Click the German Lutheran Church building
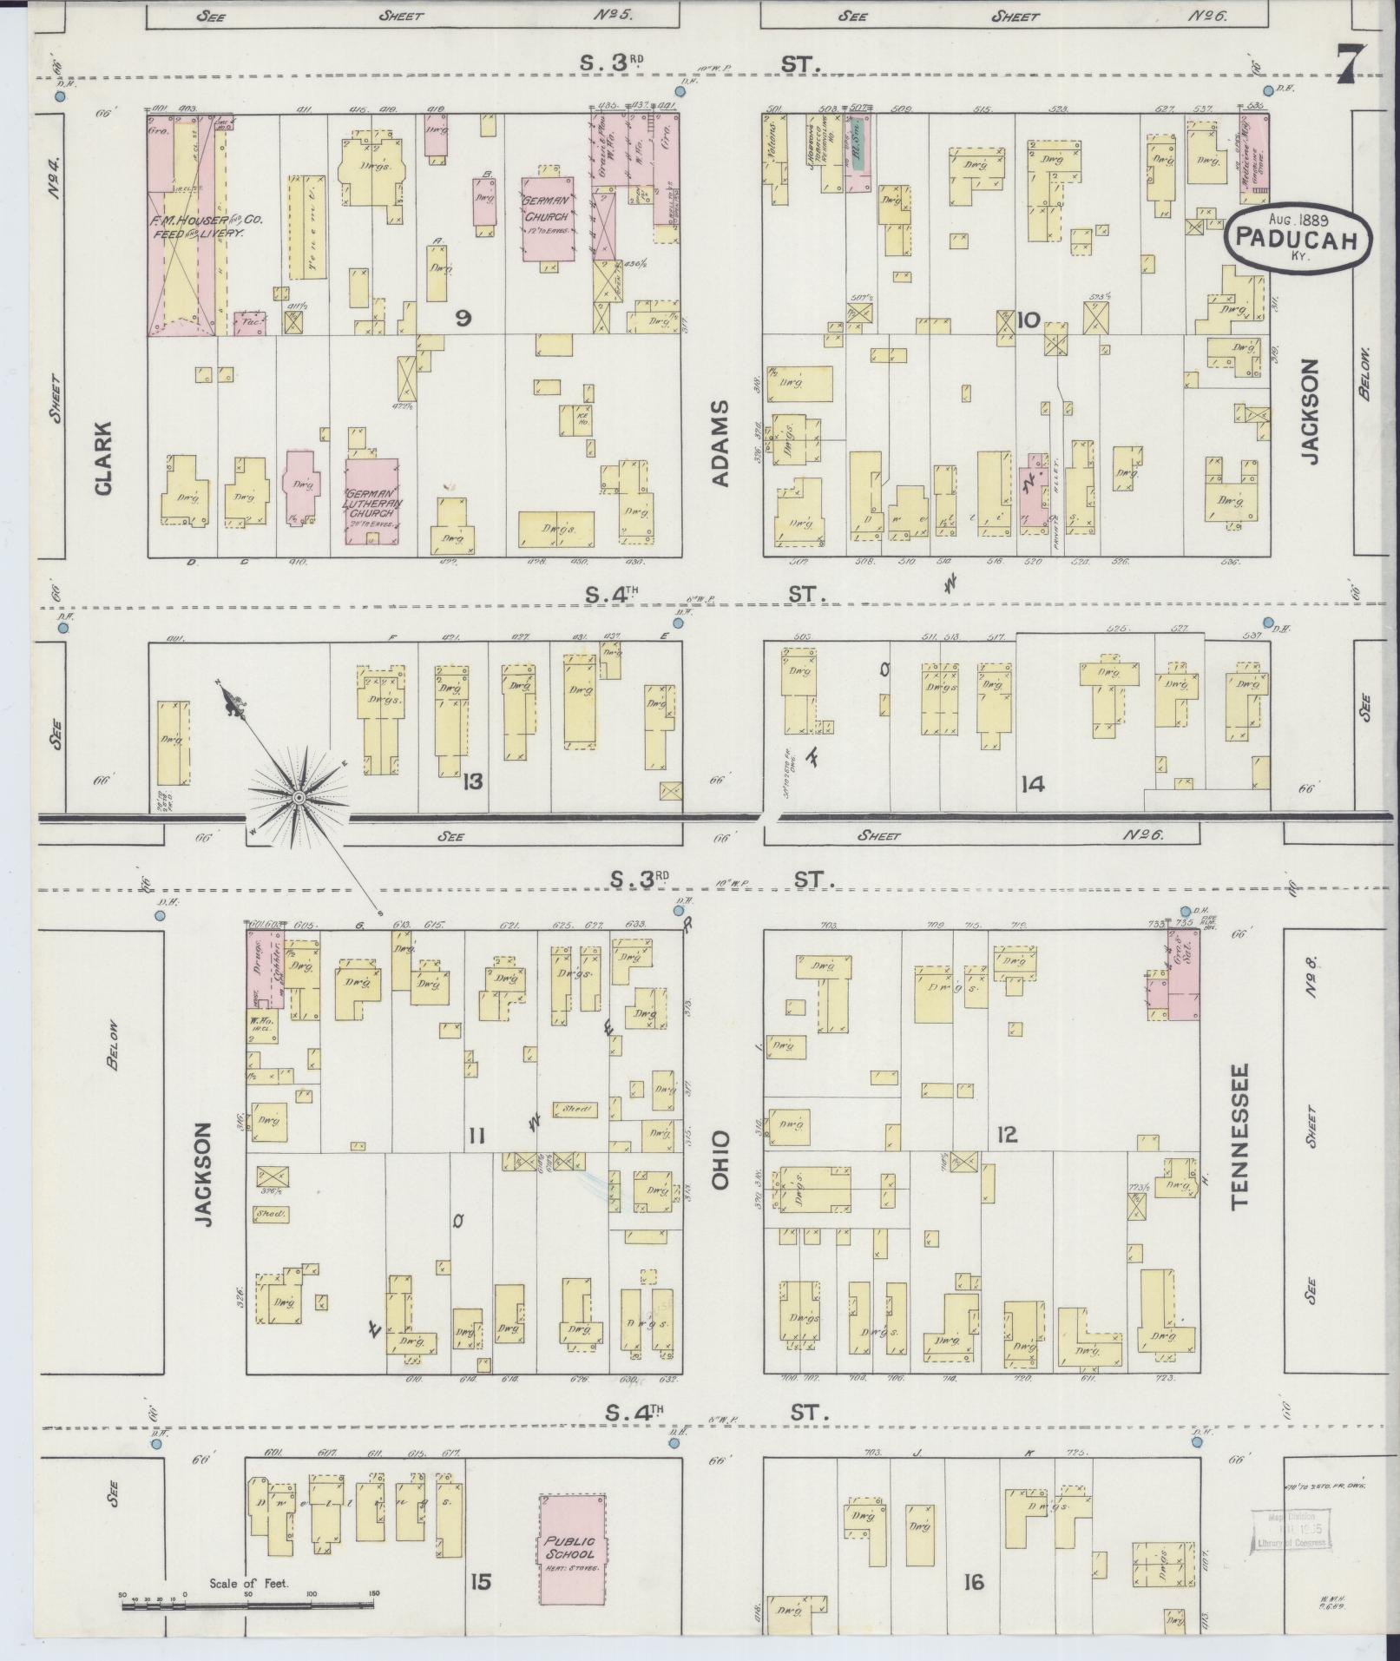pos(371,501)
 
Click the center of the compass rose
pos(299,796)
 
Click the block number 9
pos(463,320)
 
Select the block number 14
pos(1032,785)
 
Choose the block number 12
pos(1007,1134)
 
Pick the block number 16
pos(973,1582)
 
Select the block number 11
pos(476,1135)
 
